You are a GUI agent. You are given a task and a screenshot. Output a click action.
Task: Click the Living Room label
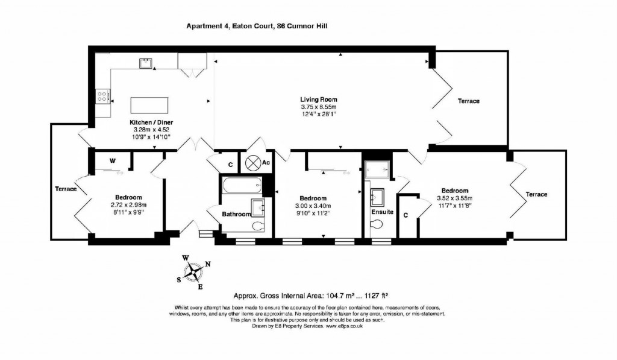(x=319, y=99)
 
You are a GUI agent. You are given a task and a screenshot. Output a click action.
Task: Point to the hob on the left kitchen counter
(x=102, y=95)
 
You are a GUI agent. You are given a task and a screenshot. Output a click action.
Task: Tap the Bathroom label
(x=236, y=214)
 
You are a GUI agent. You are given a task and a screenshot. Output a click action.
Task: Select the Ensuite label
(x=383, y=212)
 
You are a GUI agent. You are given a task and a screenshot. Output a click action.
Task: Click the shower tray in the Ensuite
(x=377, y=169)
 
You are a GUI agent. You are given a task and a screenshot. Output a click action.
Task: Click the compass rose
(x=194, y=271)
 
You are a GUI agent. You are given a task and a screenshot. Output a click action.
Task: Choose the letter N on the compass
(x=208, y=264)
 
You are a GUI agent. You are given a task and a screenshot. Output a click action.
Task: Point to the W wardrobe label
(x=112, y=161)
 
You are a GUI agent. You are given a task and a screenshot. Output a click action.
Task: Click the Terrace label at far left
(x=66, y=189)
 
